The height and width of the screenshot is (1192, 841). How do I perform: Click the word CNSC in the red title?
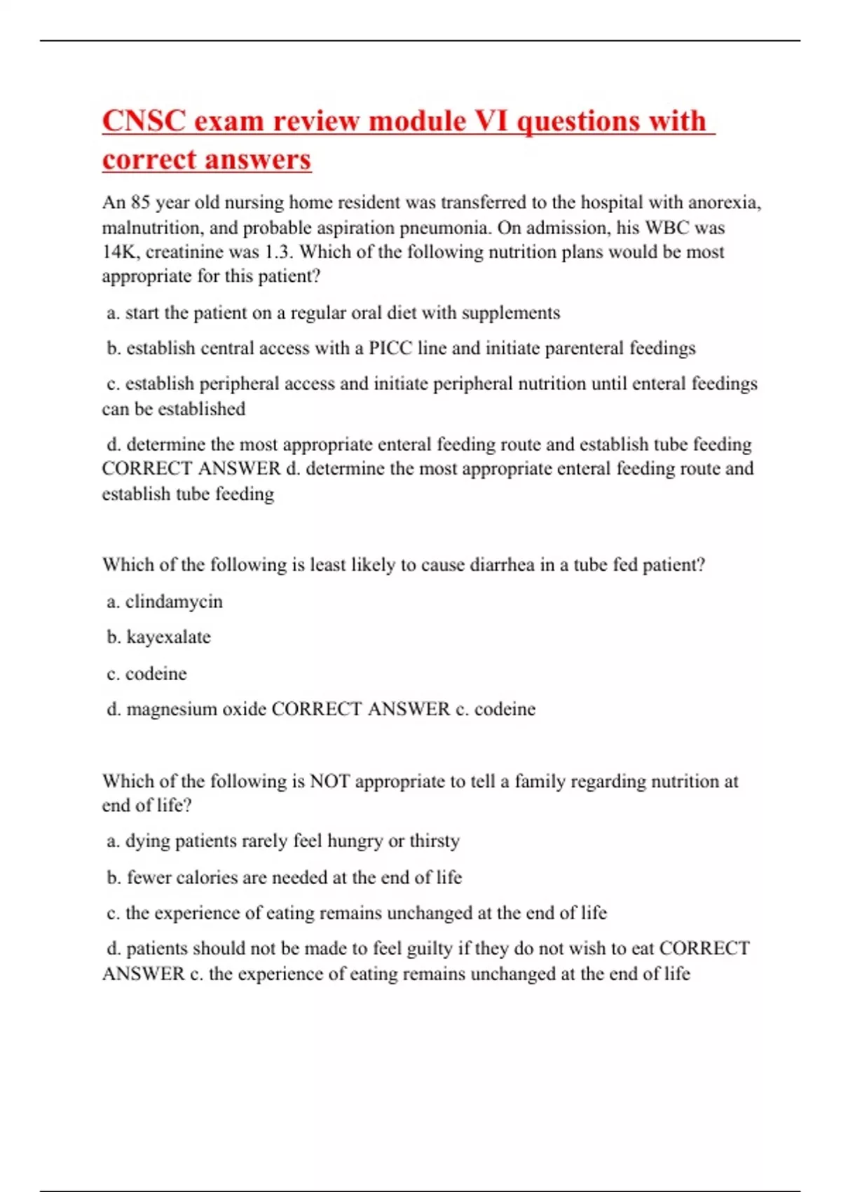tap(144, 121)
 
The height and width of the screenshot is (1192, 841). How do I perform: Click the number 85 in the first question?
tap(140, 203)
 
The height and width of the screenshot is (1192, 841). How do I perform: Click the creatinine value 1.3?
tap(277, 252)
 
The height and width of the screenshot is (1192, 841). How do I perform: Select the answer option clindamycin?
tap(174, 602)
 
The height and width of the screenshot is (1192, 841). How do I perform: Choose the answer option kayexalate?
tap(168, 637)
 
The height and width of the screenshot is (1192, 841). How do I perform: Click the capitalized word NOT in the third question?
tap(329, 781)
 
